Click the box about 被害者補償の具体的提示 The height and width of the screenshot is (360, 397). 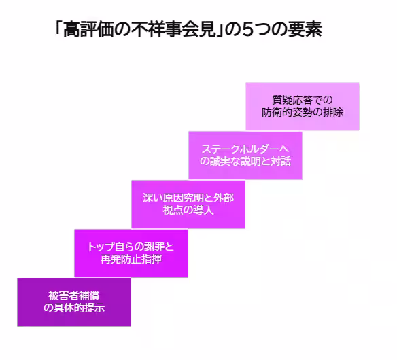73,302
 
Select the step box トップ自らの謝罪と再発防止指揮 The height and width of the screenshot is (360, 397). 131,253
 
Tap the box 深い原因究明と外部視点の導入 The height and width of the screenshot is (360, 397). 188,204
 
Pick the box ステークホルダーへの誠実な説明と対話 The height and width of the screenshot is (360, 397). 245,155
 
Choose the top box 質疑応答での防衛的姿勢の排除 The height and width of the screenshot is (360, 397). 302,106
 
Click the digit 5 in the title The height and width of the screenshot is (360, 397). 242,29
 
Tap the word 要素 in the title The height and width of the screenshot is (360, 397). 303,29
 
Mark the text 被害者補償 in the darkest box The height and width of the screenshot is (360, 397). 73,295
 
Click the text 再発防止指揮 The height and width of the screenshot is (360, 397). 131,259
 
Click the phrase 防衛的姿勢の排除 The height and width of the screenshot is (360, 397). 302,112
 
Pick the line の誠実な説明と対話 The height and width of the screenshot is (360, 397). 245,161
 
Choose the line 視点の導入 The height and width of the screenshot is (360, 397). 188,210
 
